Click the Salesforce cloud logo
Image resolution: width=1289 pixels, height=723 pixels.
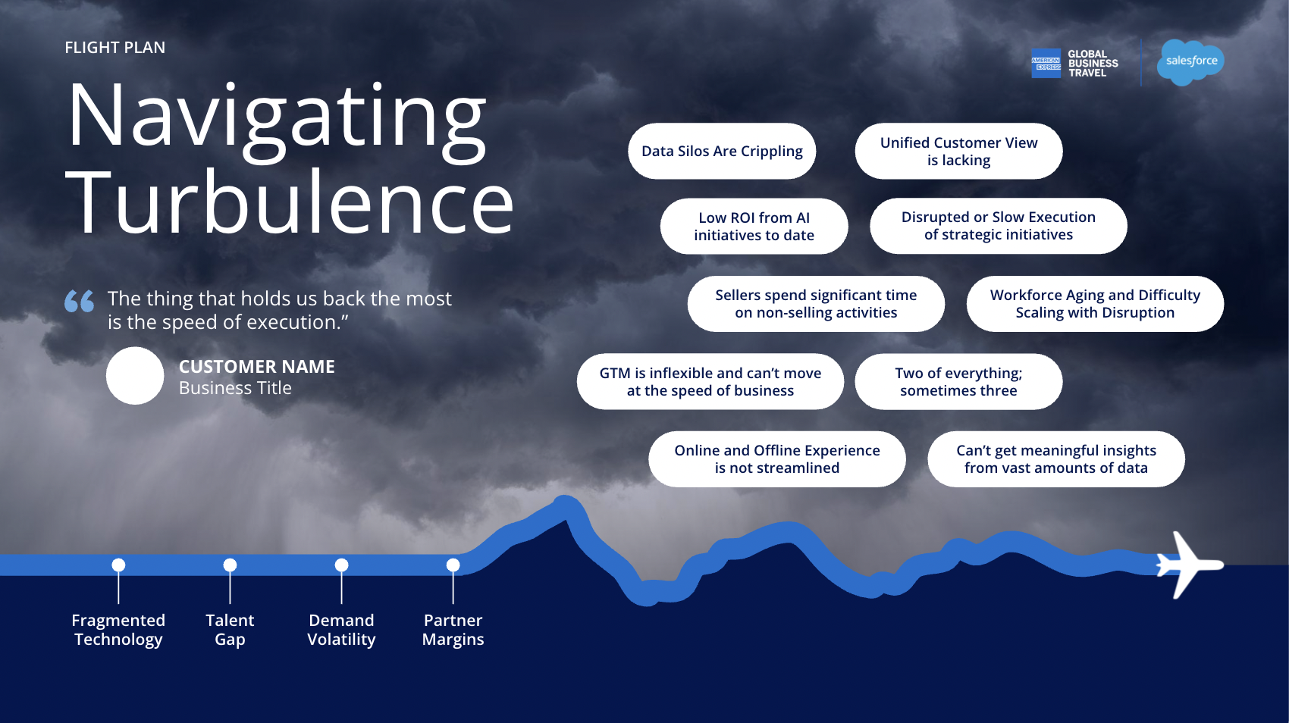tap(1190, 61)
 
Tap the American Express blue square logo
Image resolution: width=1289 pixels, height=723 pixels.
tap(1046, 64)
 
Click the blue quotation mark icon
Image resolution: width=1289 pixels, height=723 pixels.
tap(80, 301)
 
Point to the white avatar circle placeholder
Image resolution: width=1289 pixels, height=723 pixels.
tap(135, 376)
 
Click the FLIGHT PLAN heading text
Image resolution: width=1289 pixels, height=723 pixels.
tap(115, 48)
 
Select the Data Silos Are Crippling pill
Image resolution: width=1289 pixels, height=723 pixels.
tap(722, 151)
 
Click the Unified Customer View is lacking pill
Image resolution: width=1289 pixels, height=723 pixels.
tap(958, 151)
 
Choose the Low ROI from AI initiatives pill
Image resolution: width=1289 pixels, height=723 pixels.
tap(754, 226)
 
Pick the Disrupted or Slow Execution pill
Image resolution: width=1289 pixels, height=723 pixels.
tap(998, 226)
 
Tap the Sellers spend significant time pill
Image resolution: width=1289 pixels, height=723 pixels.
tap(816, 304)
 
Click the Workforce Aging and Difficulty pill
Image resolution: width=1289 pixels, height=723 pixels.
tap(1095, 304)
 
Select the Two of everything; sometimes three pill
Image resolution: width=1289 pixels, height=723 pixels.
tap(958, 381)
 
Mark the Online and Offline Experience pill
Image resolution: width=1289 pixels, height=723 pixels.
tap(777, 459)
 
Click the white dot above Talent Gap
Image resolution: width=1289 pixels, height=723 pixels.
tap(230, 565)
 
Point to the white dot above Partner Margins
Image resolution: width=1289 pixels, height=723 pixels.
tap(453, 565)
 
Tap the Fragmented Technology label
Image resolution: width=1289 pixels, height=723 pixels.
tap(118, 630)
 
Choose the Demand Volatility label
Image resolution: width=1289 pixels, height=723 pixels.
tap(341, 630)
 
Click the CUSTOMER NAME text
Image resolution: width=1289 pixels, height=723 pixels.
tap(256, 367)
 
